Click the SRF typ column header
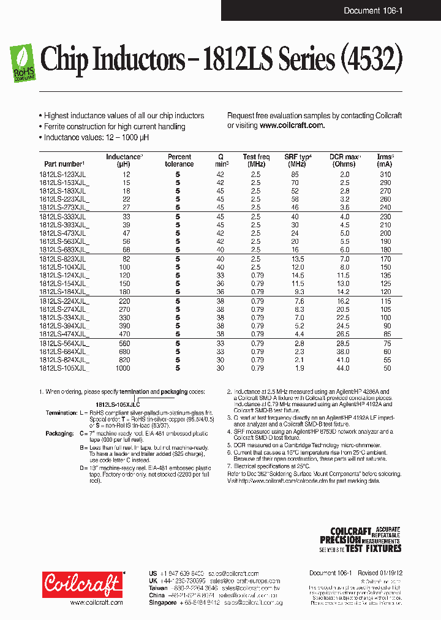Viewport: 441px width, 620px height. [x=298, y=161]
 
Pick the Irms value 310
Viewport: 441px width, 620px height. [x=384, y=175]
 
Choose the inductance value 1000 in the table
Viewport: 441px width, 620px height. [x=123, y=368]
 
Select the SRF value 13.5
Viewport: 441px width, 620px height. [x=297, y=259]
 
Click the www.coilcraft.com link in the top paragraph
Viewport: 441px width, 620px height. [x=292, y=125]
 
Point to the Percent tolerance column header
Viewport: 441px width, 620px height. [x=179, y=161]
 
